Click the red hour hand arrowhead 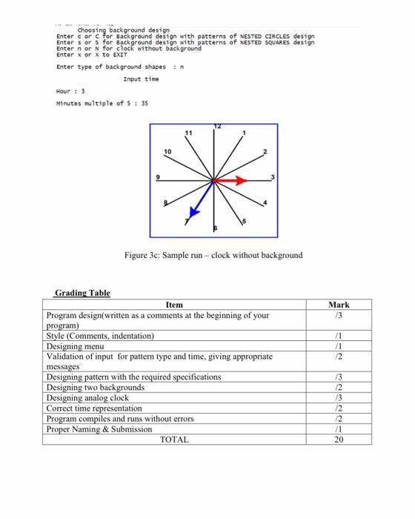coord(241,180)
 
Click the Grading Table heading coord(82,293)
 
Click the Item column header coord(173,305)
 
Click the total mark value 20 coord(339,440)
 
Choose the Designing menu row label coord(76,346)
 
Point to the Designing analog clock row coord(87,397)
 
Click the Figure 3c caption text coord(213,255)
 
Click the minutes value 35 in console coord(144,104)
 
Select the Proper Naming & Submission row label coord(99,429)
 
